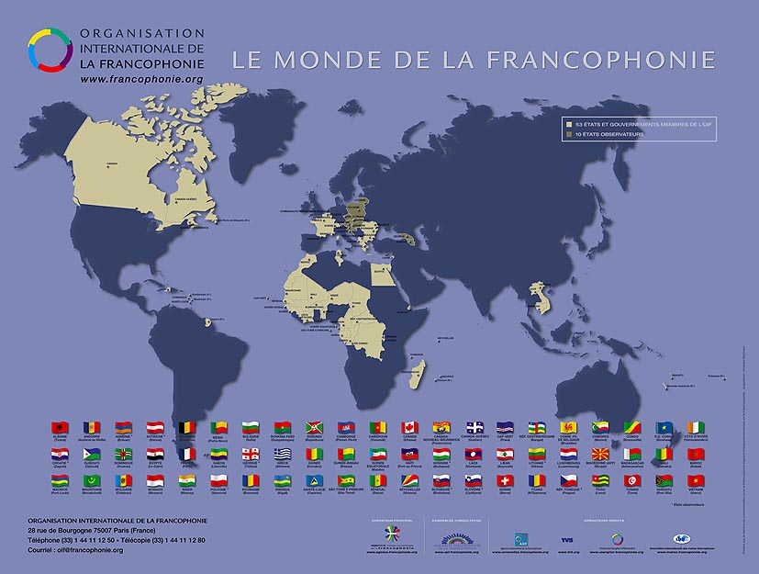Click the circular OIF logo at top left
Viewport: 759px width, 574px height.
click(49, 49)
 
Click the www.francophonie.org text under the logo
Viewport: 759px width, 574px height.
click(141, 80)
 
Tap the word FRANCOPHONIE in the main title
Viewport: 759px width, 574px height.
click(600, 61)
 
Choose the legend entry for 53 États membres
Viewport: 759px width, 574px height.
click(633, 123)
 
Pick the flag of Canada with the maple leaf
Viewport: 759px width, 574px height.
click(409, 428)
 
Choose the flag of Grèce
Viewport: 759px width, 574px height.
click(282, 454)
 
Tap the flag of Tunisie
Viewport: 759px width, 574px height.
click(631, 480)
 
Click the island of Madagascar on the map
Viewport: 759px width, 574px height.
click(418, 372)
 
